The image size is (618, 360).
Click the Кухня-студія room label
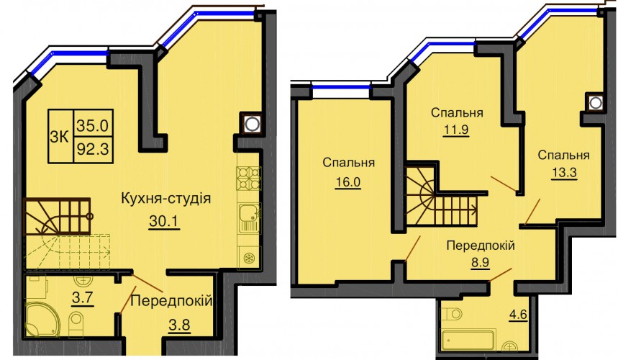[165, 198]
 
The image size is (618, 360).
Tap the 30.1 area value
[164, 221]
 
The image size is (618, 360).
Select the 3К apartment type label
[60, 137]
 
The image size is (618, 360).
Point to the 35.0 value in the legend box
[93, 126]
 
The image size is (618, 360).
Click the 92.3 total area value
[93, 150]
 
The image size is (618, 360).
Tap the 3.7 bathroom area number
[82, 297]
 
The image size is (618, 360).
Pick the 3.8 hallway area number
[179, 325]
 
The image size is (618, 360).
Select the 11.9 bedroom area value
[456, 130]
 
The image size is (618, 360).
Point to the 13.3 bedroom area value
[564, 173]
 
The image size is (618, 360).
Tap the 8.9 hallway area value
[480, 263]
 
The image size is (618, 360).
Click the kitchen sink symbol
[249, 217]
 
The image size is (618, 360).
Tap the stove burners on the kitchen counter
[248, 179]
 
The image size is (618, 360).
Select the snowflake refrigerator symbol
[249, 258]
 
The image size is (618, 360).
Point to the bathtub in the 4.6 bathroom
[468, 340]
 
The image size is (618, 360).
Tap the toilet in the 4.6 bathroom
[451, 314]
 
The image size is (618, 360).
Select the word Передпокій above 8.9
[481, 246]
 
